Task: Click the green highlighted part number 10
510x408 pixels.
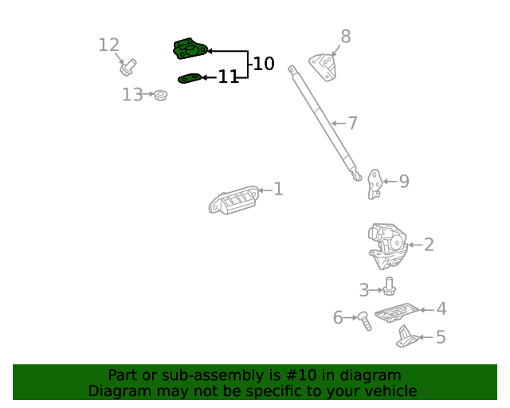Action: coord(190,49)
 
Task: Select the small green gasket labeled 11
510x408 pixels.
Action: coord(190,78)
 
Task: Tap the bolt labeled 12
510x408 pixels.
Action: coord(127,68)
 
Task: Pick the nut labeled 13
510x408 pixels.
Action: coord(160,95)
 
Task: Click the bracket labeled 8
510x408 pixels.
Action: coord(323,68)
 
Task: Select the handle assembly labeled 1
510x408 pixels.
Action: coord(233,200)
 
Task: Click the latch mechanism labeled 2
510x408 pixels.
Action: coord(387,246)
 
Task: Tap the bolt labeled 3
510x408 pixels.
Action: coord(389,286)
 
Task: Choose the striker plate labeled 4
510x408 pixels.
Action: coord(397,312)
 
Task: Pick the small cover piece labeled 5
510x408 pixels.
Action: coord(406,337)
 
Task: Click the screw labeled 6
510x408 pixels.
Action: coord(364,321)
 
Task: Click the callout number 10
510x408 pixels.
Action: coord(264,64)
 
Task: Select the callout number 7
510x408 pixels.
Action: coord(352,124)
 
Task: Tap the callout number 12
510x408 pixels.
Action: coord(108,45)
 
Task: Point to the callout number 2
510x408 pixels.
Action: coord(429,245)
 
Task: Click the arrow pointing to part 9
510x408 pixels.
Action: coord(390,182)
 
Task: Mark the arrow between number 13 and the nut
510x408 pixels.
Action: coord(148,94)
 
